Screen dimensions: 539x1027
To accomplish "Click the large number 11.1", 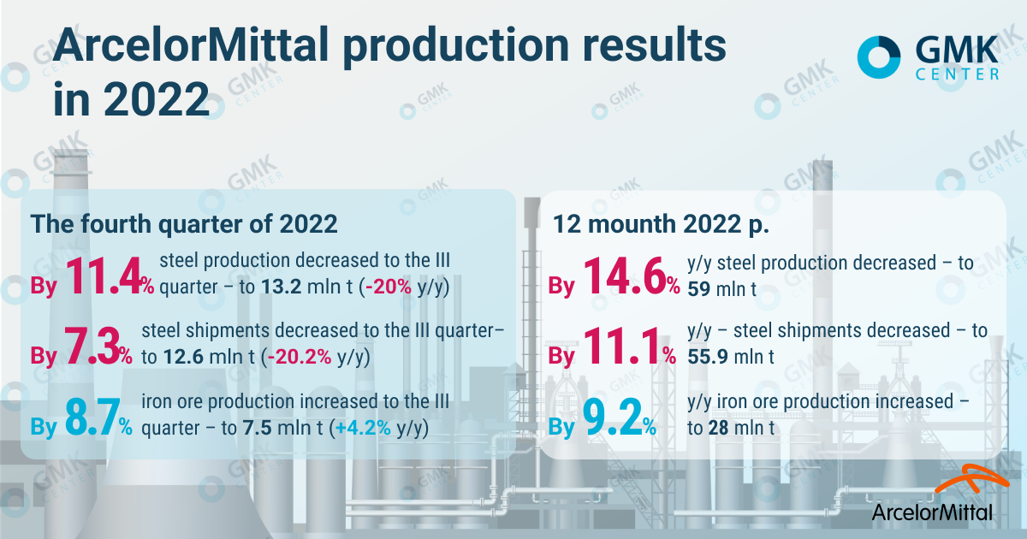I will coord(626,346).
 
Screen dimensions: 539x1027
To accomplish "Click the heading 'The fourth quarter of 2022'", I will coord(185,225).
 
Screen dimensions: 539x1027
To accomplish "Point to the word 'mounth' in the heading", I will coord(627,225).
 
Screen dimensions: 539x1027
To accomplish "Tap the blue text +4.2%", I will coord(356,428).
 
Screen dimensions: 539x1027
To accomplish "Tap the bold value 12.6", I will coord(181,358).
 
